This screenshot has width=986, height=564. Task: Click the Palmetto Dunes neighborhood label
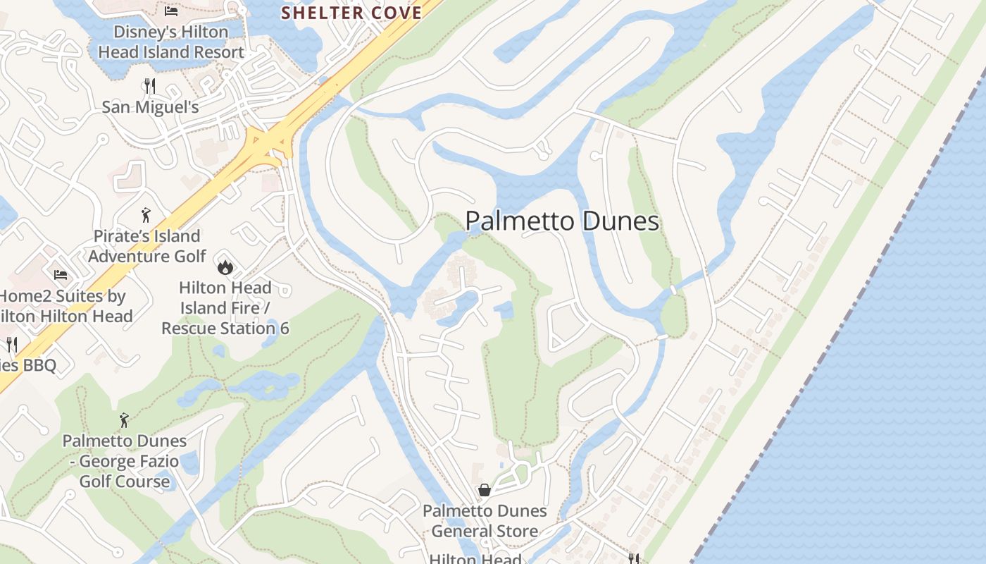pyautogui.click(x=562, y=221)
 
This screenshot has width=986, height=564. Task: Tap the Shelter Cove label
pyautogui.click(x=351, y=13)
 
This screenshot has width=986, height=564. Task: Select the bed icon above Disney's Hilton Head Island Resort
pyautogui.click(x=171, y=11)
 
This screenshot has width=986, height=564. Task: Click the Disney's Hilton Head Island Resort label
pyautogui.click(x=171, y=42)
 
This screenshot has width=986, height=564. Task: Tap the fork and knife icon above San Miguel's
pyautogui.click(x=149, y=86)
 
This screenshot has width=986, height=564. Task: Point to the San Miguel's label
pyautogui.click(x=150, y=107)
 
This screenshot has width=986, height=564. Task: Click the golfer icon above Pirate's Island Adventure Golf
pyautogui.click(x=146, y=214)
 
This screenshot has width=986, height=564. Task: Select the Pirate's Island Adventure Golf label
pyautogui.click(x=146, y=245)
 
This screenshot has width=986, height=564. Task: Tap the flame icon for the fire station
pyautogui.click(x=225, y=266)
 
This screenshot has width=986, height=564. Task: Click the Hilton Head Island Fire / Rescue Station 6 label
pyautogui.click(x=225, y=308)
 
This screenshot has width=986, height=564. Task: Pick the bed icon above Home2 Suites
pyautogui.click(x=61, y=274)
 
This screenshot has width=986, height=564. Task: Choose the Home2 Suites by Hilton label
pyautogui.click(x=63, y=306)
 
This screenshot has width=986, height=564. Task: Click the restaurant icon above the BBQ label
pyautogui.click(x=11, y=344)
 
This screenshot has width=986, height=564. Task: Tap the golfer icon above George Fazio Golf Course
pyautogui.click(x=124, y=420)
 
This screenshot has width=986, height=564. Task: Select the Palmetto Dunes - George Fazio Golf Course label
pyautogui.click(x=125, y=461)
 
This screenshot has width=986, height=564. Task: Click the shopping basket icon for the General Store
pyautogui.click(x=485, y=490)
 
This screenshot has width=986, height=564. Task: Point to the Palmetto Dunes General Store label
pyautogui.click(x=485, y=520)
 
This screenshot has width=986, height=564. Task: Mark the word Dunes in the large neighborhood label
pyautogui.click(x=618, y=221)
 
